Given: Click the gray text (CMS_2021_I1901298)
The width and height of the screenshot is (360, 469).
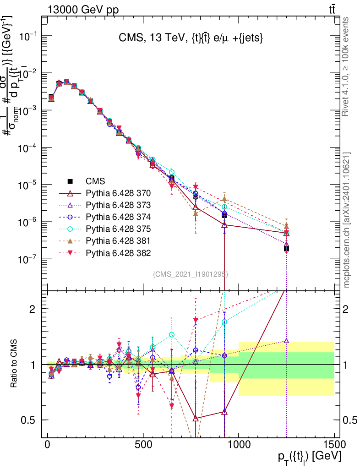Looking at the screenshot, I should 191,274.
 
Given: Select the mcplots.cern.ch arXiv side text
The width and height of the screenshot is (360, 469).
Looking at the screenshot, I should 347,220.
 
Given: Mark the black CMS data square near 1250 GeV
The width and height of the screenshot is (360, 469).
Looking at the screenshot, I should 286,249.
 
